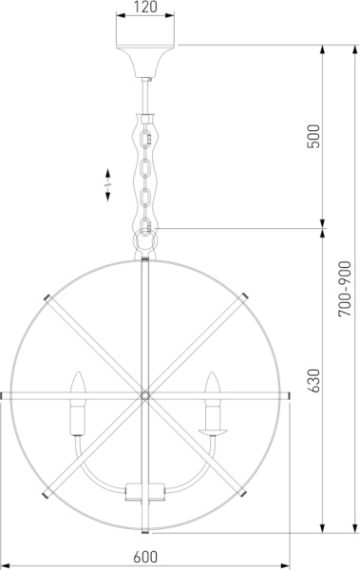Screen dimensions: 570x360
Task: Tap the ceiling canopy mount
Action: pyautogui.click(x=144, y=60)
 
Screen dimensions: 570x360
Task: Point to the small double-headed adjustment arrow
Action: pyautogui.click(x=108, y=182)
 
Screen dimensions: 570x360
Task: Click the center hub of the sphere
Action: pyautogui.click(x=144, y=392)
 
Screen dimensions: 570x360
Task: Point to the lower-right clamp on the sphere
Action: pyautogui.click(x=245, y=493)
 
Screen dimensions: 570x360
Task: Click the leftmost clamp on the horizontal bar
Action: pyautogui.click(x=4, y=392)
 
